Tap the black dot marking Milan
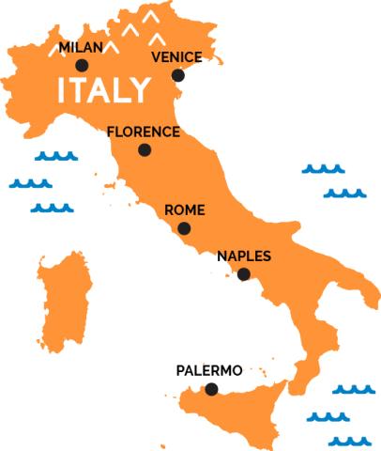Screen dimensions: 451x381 83,66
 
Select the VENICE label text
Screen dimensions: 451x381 175,57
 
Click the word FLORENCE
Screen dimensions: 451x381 143,132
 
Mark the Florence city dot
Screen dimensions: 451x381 145,150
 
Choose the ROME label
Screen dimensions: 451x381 184,210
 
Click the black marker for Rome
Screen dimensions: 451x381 184,228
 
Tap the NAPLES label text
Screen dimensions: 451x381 244,256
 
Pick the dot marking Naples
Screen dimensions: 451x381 244,274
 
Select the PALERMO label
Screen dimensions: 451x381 209,371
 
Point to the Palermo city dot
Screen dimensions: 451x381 211,389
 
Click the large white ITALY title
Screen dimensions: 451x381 103,91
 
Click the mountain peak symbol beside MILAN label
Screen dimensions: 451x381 111,45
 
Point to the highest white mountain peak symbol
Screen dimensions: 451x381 149,16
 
